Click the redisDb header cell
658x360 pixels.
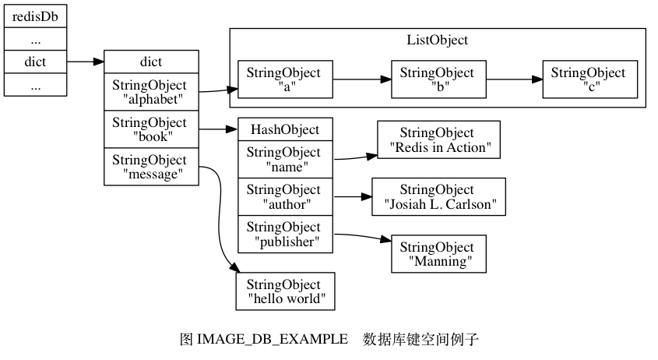click(x=35, y=16)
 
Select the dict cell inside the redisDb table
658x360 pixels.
click(x=35, y=61)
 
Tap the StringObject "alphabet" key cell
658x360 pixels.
click(x=150, y=92)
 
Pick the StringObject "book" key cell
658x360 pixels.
click(x=150, y=129)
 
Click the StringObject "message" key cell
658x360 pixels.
click(x=150, y=167)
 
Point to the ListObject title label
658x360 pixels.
click(x=438, y=40)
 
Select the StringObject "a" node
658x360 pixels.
click(x=284, y=79)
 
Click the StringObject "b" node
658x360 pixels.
click(x=438, y=79)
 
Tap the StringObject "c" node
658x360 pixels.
click(x=589, y=79)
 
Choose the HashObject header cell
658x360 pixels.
click(x=285, y=129)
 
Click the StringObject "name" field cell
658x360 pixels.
click(x=285, y=159)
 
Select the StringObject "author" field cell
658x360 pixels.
click(x=285, y=196)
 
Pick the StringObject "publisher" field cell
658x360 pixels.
click(x=285, y=234)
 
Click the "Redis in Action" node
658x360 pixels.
click(x=438, y=140)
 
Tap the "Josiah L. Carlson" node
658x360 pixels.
click(x=438, y=196)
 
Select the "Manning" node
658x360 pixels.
click(x=438, y=254)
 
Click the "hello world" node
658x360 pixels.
click(x=285, y=291)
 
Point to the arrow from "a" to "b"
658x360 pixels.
click(x=361, y=79)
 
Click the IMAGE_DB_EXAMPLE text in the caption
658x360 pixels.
click(x=273, y=340)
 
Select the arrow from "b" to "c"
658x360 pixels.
click(x=513, y=79)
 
